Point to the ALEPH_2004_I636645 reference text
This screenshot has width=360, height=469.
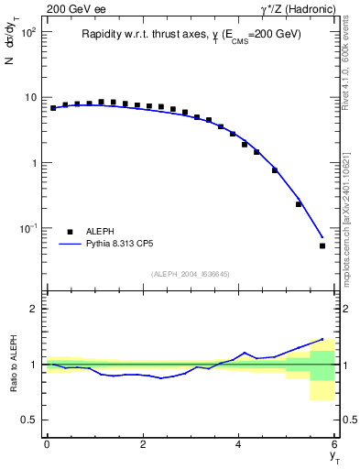point(190,275)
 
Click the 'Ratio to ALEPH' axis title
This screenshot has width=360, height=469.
point(13,364)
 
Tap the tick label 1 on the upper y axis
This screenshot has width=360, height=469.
point(31,163)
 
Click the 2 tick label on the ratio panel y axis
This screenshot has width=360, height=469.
point(31,309)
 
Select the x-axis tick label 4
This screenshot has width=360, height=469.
point(239,444)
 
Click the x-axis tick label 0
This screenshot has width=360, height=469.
point(46,444)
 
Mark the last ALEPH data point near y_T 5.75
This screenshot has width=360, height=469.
point(322,245)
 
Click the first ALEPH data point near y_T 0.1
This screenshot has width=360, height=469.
point(53,108)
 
